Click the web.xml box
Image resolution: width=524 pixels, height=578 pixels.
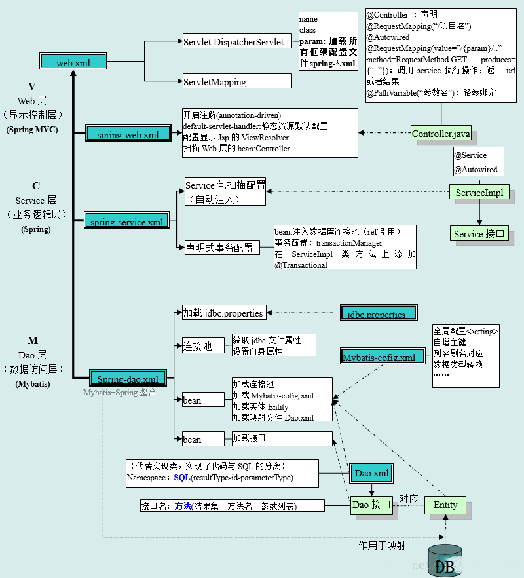73,62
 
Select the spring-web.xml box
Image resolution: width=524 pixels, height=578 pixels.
128,134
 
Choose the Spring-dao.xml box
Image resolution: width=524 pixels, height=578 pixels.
128,378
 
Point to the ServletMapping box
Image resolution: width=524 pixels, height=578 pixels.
237,82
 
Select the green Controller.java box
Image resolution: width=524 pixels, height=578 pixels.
441,134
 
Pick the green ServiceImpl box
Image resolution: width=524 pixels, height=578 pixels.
479,193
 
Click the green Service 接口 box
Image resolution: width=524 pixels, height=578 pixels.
479,234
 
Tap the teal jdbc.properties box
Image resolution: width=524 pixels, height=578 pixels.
378,313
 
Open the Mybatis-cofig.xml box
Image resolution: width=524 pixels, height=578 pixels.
379,357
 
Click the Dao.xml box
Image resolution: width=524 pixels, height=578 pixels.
371,472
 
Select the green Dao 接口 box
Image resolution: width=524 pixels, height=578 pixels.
371,505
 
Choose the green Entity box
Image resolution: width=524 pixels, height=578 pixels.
445,505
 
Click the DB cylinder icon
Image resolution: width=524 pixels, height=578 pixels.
445,561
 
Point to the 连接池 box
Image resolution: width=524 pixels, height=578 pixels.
198,346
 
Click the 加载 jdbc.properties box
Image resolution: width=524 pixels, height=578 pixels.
223,313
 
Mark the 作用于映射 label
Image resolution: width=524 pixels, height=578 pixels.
381,545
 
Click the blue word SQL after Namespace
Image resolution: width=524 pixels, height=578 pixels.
181,478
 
